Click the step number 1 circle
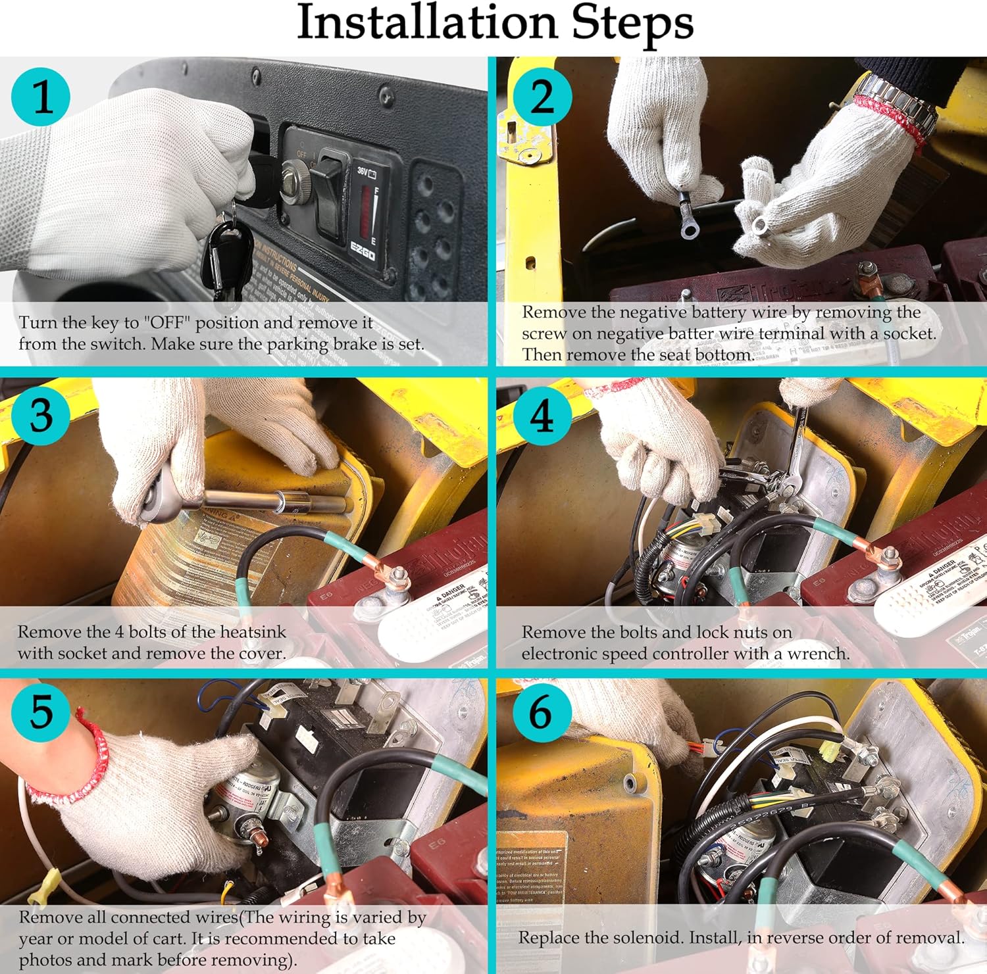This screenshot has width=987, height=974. click(x=41, y=96)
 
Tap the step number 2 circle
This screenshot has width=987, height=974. click(x=542, y=96)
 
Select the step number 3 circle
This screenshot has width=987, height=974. click(x=41, y=416)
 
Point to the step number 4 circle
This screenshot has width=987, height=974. click(x=542, y=416)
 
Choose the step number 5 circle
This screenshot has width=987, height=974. click(x=41, y=711)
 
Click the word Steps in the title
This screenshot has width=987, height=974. click(x=632, y=24)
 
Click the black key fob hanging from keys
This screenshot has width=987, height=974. click(x=228, y=253)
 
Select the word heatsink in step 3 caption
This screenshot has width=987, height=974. click(x=253, y=632)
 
